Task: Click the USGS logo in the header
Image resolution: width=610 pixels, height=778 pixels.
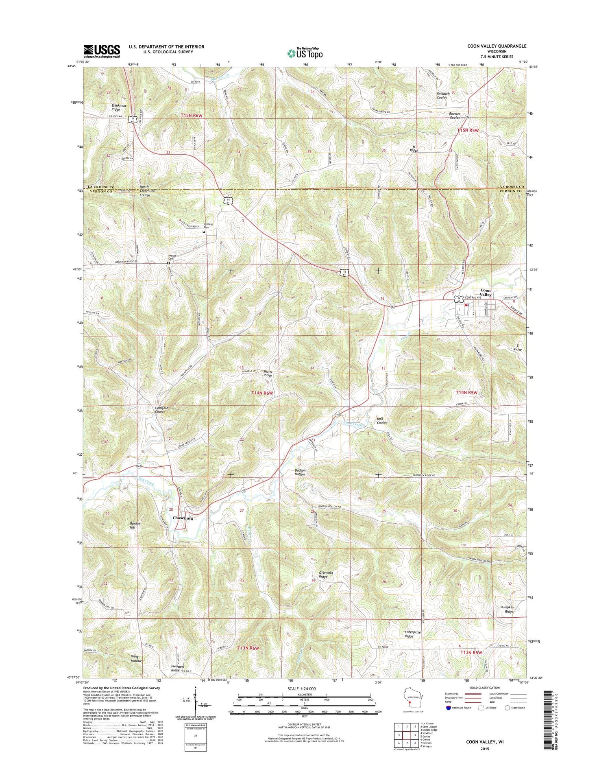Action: pos(102,51)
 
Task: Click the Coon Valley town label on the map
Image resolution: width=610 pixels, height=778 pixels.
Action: pos(486,293)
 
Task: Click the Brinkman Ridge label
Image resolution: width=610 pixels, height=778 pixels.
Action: pos(119,107)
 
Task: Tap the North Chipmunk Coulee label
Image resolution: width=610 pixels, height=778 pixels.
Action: pos(145,191)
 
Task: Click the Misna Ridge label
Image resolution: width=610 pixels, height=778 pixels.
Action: pos(268,373)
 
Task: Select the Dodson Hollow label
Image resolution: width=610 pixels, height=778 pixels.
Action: pos(300,472)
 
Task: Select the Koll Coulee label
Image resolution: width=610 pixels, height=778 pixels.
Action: pos(381,420)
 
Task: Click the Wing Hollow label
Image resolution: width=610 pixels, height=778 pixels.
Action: pos(136,659)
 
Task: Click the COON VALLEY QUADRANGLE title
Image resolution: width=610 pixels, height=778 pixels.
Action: pos(497,46)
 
